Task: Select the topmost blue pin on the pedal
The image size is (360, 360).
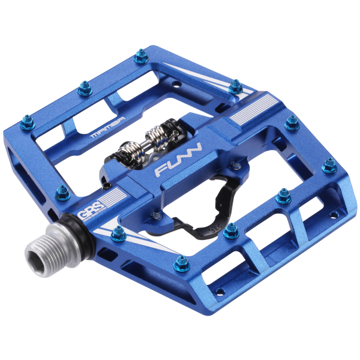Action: [142, 56]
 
